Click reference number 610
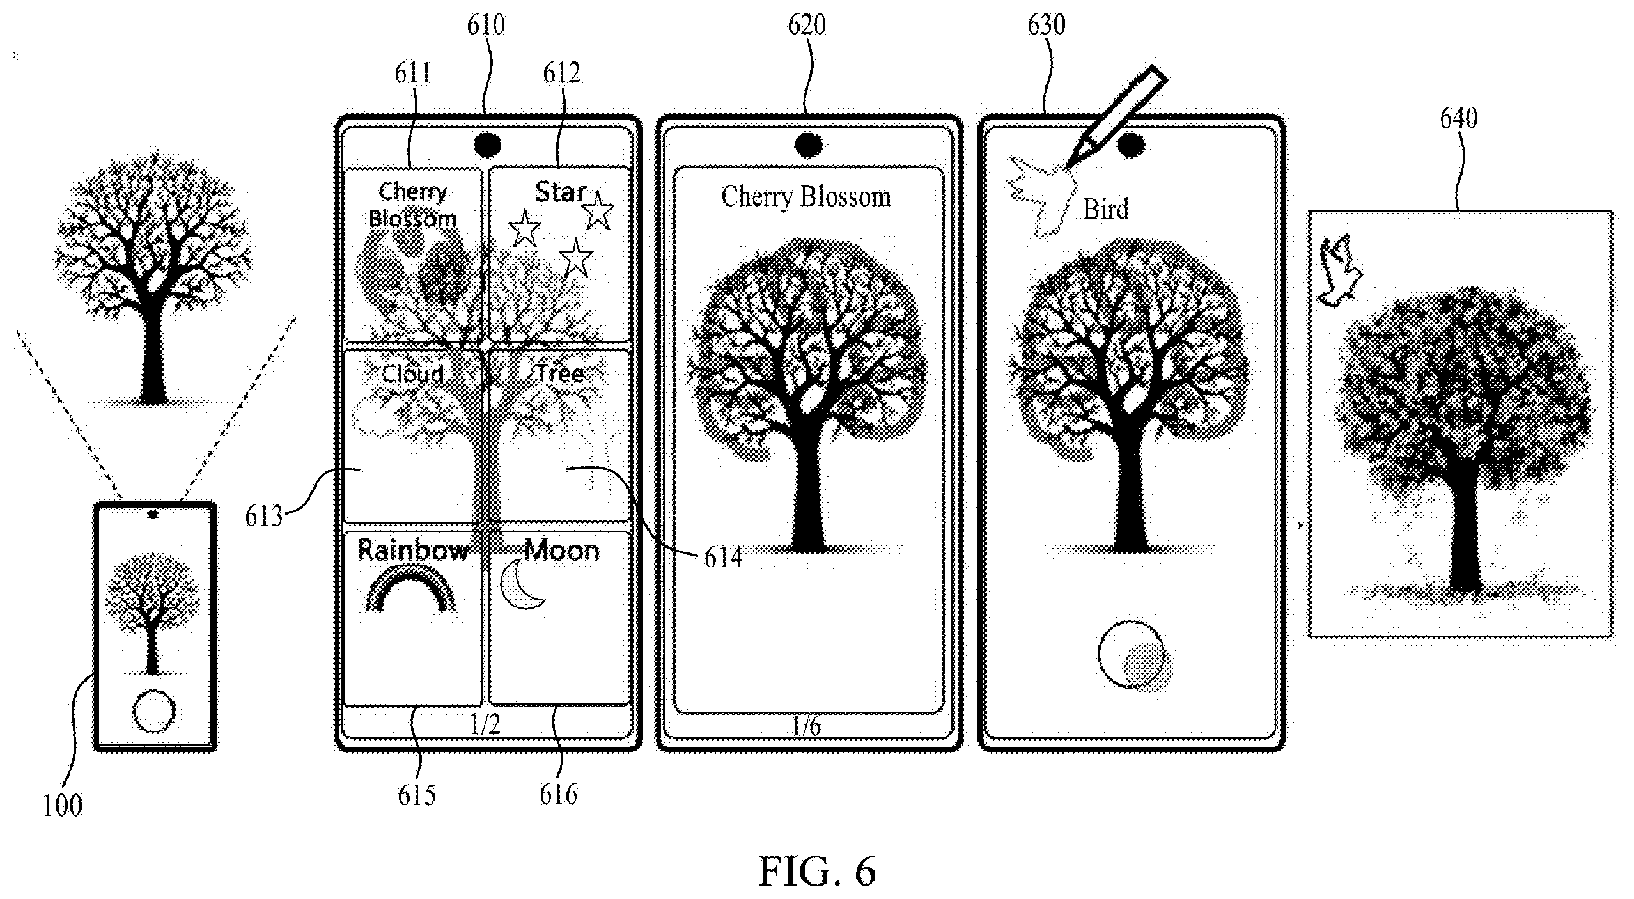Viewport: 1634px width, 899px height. click(x=485, y=25)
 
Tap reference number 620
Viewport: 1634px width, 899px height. click(x=807, y=25)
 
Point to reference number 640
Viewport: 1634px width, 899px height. click(x=1458, y=118)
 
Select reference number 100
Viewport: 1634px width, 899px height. click(x=63, y=805)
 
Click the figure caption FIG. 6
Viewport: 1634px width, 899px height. click(x=816, y=870)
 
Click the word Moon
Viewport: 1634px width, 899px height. click(x=562, y=551)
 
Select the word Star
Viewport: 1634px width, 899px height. click(x=560, y=192)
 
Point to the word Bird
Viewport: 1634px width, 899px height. click(x=1106, y=209)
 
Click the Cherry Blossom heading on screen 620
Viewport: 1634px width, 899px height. click(x=806, y=197)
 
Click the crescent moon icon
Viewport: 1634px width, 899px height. click(x=522, y=584)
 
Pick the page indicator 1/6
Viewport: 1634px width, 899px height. click(x=806, y=726)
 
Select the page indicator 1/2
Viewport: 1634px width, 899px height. click(x=485, y=724)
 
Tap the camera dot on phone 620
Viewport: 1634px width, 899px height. click(x=808, y=145)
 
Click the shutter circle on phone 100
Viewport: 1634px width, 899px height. click(x=153, y=710)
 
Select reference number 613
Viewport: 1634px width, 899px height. click(x=263, y=516)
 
